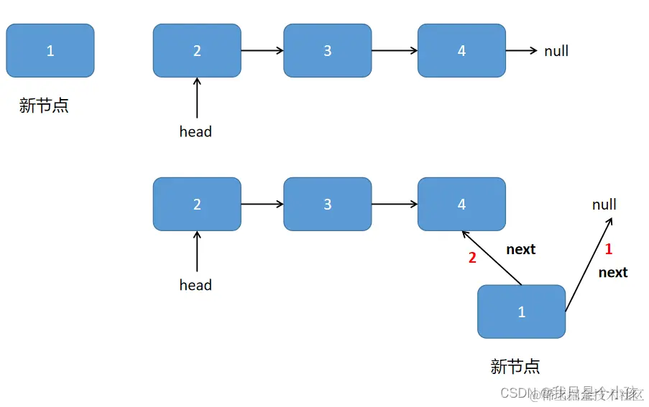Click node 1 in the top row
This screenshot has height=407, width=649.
coord(50,51)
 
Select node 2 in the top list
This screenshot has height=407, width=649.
coord(197,51)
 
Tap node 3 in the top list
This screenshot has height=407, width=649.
coord(328,51)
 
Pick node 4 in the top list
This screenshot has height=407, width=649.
coord(461,51)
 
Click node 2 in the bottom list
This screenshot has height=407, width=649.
coord(197,205)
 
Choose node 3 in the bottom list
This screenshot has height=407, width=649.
coord(328,205)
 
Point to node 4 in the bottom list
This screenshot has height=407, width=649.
coord(461,205)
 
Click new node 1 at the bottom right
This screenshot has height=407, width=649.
coord(522,312)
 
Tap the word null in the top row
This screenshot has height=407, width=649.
coord(556,51)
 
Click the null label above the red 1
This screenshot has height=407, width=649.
coord(604,205)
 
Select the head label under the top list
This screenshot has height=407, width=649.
coord(195,131)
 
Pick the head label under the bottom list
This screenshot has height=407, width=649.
coord(195,285)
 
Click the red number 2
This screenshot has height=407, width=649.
coord(472,258)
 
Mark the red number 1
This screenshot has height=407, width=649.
coord(608,250)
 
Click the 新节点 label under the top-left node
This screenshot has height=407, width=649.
coord(44,106)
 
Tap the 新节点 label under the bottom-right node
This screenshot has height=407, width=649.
coord(515,367)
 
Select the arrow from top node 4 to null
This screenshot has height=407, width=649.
coord(521,51)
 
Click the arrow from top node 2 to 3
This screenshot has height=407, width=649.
coord(262,51)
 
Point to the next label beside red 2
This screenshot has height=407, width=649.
coord(520,249)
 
